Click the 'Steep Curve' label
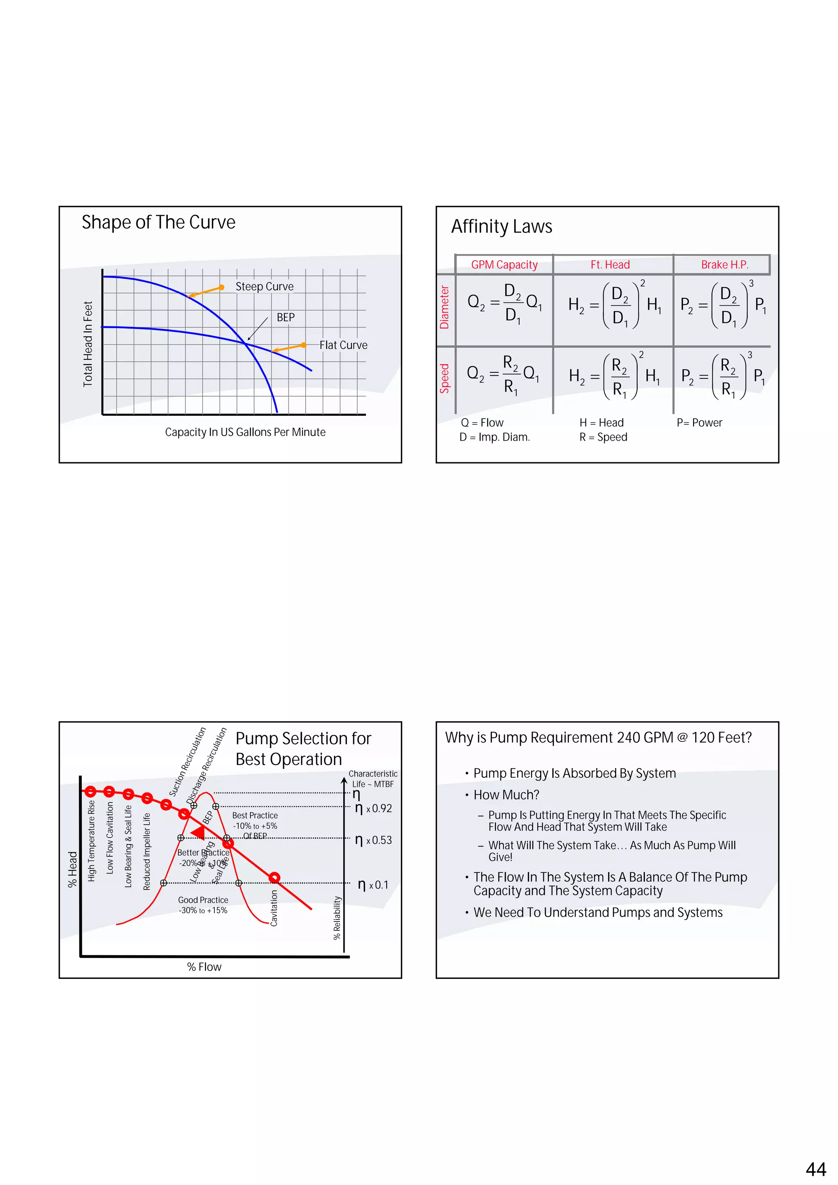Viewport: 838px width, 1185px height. tap(264, 286)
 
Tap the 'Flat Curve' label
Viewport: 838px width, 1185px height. tap(343, 345)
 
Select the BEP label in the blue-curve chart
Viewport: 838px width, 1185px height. tap(285, 318)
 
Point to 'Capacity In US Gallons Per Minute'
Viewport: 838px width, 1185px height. tap(245, 432)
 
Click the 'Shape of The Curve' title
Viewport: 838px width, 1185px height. tap(158, 223)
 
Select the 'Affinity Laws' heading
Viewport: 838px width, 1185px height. tap(502, 227)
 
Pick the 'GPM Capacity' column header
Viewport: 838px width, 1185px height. tap(504, 265)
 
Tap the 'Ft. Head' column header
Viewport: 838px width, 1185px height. tap(610, 265)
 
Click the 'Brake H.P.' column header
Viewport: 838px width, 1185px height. tap(725, 265)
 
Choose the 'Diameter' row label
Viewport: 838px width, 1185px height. tap(444, 308)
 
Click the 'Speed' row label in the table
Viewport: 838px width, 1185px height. tap(444, 378)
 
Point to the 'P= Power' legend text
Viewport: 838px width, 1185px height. tap(699, 423)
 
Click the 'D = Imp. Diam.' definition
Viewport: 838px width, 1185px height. tap(494, 437)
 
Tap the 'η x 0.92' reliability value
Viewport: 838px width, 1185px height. tap(374, 808)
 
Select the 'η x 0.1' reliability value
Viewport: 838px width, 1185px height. tap(373, 885)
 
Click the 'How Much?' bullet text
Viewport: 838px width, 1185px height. tap(506, 795)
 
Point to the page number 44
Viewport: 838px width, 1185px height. tap(815, 1169)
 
